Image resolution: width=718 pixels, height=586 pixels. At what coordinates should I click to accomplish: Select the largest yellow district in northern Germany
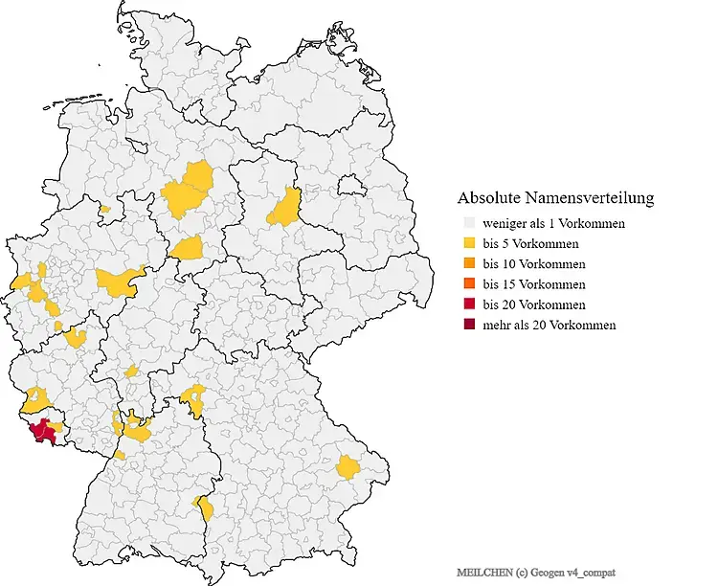click(189, 190)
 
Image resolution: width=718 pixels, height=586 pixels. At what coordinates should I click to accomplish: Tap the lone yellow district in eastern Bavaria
click(348, 467)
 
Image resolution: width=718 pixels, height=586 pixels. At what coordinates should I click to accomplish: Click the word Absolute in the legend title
click(488, 198)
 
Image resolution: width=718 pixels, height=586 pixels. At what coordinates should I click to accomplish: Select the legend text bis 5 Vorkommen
click(533, 244)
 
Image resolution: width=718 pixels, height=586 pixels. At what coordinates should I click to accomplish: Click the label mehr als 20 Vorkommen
click(550, 325)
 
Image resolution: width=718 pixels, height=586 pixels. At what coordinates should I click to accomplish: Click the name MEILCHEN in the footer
click(480, 572)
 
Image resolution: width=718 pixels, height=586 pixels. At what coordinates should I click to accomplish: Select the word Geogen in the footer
click(549, 572)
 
